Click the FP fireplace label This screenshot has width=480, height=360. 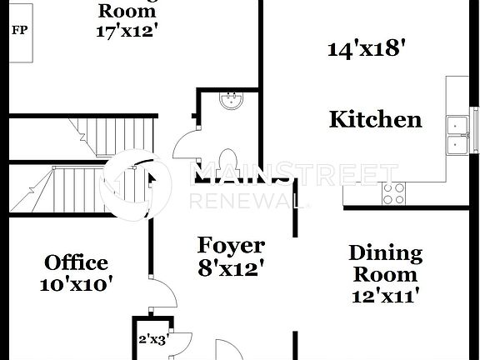click(x=17, y=31)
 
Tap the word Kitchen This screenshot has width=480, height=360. click(x=375, y=119)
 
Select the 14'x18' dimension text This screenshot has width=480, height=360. click(x=366, y=49)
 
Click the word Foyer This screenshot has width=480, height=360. click(x=231, y=246)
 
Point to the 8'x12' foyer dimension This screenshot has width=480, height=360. click(x=231, y=268)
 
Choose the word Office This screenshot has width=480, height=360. click(x=76, y=263)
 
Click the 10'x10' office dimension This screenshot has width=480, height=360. click(x=76, y=284)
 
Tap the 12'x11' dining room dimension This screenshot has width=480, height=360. click(x=384, y=294)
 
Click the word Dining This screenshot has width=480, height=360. click(x=385, y=253)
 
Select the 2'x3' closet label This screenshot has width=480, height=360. click(x=152, y=339)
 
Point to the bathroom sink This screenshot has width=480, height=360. click(x=230, y=102)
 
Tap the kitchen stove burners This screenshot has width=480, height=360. click(x=393, y=193)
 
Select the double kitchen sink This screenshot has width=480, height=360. click(x=457, y=135)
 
